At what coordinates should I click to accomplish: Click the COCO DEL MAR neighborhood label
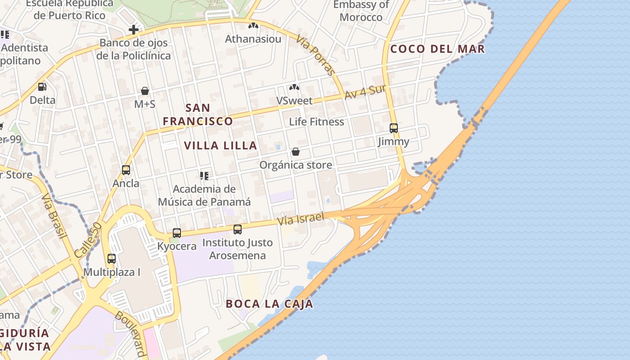click(x=437, y=49)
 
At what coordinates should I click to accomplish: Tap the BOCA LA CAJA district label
click(x=269, y=304)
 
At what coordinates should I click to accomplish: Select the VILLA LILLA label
click(x=220, y=146)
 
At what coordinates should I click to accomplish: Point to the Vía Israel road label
click(x=301, y=219)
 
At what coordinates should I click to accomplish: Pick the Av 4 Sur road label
click(x=365, y=92)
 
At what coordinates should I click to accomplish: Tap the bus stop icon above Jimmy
click(x=394, y=128)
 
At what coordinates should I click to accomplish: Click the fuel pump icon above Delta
click(x=42, y=86)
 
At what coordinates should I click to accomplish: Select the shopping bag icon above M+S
click(x=145, y=91)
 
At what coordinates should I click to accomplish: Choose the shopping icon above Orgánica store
click(x=296, y=152)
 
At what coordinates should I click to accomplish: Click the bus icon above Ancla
click(x=126, y=170)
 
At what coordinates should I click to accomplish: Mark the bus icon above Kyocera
click(x=177, y=233)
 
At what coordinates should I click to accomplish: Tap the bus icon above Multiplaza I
click(x=112, y=259)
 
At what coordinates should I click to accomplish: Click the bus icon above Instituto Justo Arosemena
click(x=238, y=229)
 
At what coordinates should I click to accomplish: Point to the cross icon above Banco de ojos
click(x=134, y=30)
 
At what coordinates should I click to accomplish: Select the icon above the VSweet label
click(x=294, y=87)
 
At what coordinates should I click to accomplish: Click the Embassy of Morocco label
click(x=361, y=11)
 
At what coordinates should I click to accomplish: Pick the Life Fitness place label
click(x=316, y=121)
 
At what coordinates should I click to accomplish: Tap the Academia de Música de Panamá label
click(x=204, y=195)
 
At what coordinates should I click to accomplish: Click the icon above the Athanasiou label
click(x=253, y=26)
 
